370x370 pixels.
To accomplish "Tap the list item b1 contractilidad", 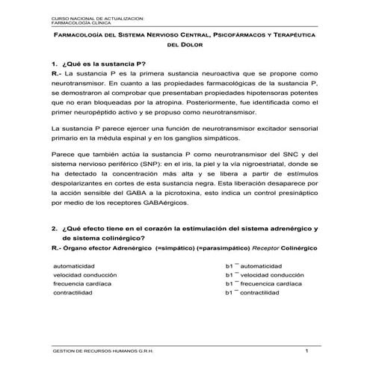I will pos(257,294).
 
